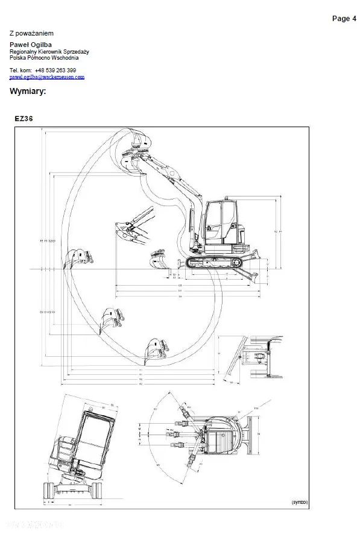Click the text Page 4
[344, 19]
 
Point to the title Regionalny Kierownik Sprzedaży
[49, 52]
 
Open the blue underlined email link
[47, 77]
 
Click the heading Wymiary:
[28, 92]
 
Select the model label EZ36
[24, 119]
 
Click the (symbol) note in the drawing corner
[300, 502]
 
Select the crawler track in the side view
[216, 262]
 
